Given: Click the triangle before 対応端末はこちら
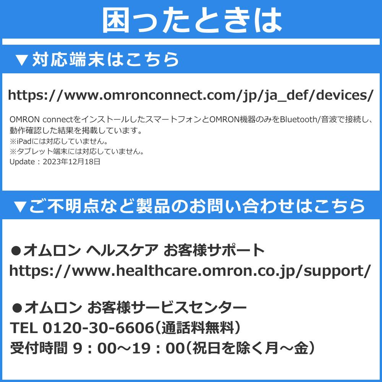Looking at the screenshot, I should coord(22,60).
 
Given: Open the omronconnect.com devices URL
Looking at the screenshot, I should coord(190,95).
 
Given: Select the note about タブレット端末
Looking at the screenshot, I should coord(77,152).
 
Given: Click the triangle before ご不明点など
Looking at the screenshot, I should coord(19,206).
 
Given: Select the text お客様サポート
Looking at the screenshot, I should coord(214,251).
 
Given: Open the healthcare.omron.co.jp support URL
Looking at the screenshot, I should coord(190,271).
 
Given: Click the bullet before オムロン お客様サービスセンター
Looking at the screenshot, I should coord(16,307).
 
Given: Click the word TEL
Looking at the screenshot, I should coord(23,327).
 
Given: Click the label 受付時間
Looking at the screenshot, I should coord(38,348).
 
